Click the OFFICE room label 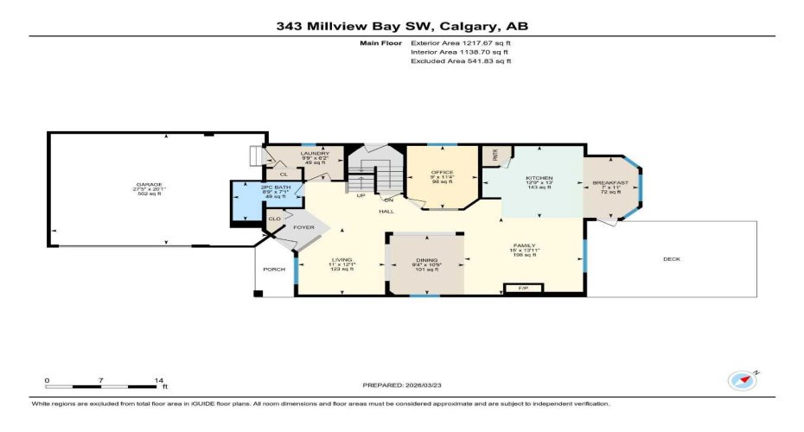click(x=442, y=172)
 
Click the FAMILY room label click(x=525, y=246)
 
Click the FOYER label click(x=303, y=227)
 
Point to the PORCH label click(x=274, y=268)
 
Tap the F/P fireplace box click(x=522, y=288)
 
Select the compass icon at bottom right click(x=742, y=379)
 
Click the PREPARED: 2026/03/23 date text click(x=402, y=384)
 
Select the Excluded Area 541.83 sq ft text click(x=460, y=61)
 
